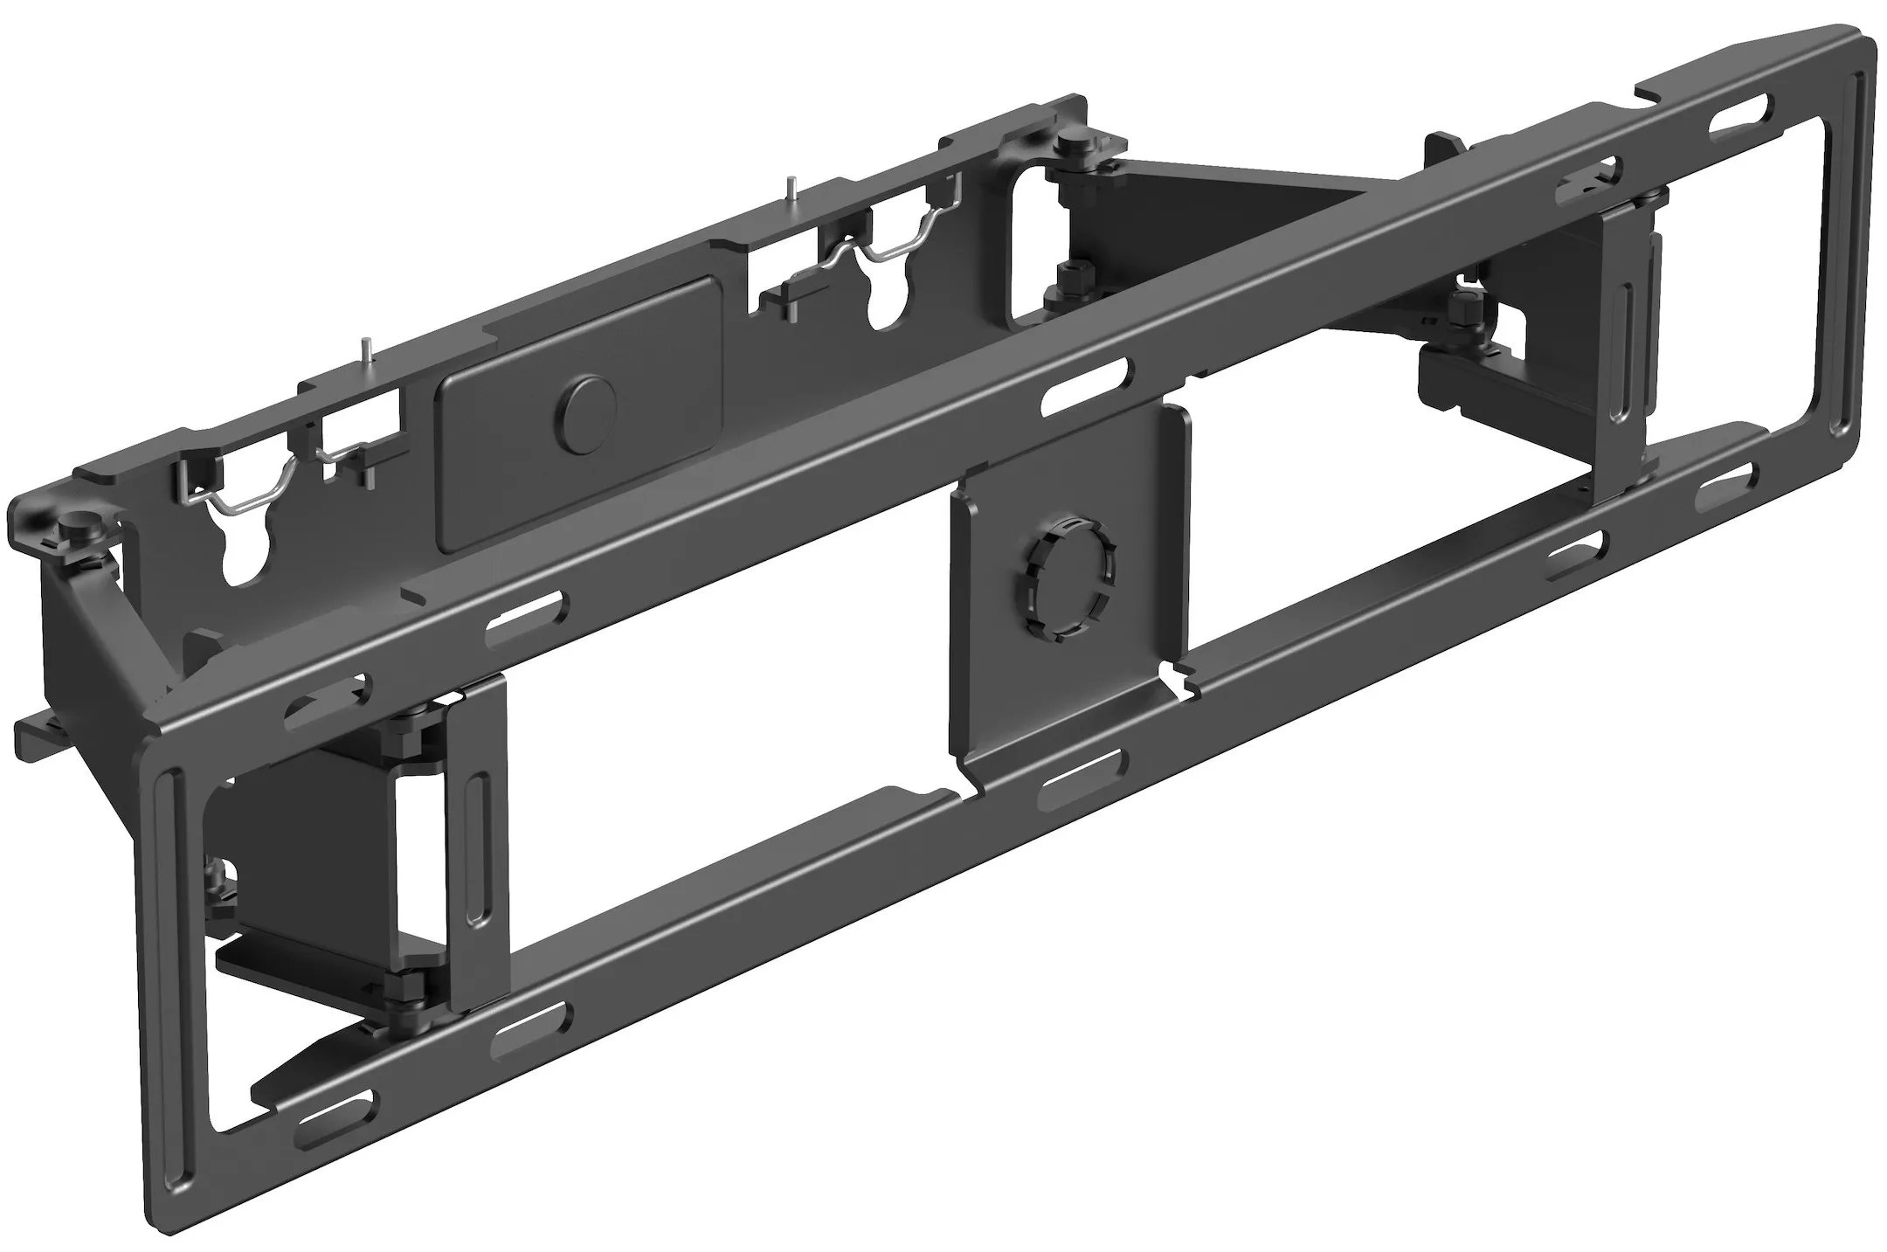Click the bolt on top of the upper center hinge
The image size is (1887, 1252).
click(x=1071, y=143)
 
